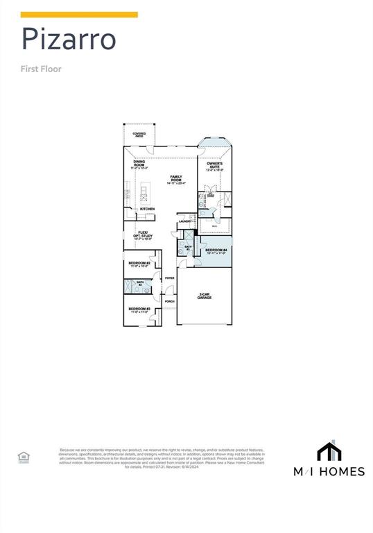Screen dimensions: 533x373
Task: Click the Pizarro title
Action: pyautogui.click(x=68, y=40)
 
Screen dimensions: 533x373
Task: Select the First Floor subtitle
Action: pyautogui.click(x=42, y=69)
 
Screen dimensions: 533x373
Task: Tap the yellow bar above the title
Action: pyautogui.click(x=79, y=15)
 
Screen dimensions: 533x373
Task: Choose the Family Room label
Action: pyautogui.click(x=176, y=180)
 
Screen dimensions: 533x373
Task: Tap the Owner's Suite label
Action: pyautogui.click(x=215, y=166)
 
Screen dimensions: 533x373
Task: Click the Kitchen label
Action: pyautogui.click(x=148, y=209)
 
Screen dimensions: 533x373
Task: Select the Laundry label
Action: pyautogui.click(x=185, y=221)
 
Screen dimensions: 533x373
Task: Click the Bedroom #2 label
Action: pyautogui.click(x=139, y=264)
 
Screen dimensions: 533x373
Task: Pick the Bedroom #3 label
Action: pyautogui.click(x=139, y=310)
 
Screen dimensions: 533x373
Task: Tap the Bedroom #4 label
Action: pyautogui.click(x=216, y=251)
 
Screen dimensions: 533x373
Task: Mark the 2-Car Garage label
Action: pyautogui.click(x=204, y=296)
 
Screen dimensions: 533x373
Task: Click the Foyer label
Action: pyautogui.click(x=169, y=278)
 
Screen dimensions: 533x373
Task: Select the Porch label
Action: pyautogui.click(x=169, y=301)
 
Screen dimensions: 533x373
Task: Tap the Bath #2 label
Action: pyautogui.click(x=139, y=283)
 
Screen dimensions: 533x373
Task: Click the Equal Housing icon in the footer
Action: pyautogui.click(x=23, y=457)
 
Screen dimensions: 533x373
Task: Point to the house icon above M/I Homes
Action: pyautogui.click(x=329, y=452)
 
